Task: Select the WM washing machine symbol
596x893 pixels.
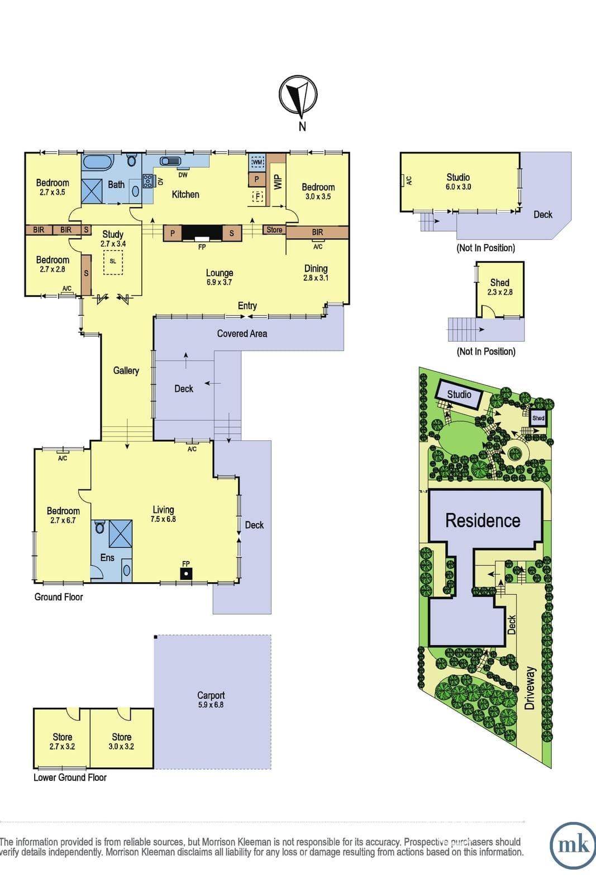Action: [x=258, y=162]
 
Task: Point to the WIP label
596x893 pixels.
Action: [x=278, y=182]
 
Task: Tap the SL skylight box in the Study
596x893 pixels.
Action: [x=113, y=262]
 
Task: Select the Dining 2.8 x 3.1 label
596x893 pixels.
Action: [x=316, y=273]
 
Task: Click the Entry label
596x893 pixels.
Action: [x=247, y=306]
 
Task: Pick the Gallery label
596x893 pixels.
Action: [x=126, y=371]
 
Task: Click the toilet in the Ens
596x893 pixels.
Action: [x=100, y=527]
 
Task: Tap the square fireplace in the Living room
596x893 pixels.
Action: [x=186, y=574]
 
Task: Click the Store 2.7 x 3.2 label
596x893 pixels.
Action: [x=62, y=742]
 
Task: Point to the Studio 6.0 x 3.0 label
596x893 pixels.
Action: [x=458, y=182]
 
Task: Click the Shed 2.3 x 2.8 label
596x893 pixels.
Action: [x=500, y=287]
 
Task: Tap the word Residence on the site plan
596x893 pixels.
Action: [x=483, y=521]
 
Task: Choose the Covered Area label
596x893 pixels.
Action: [x=242, y=334]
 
